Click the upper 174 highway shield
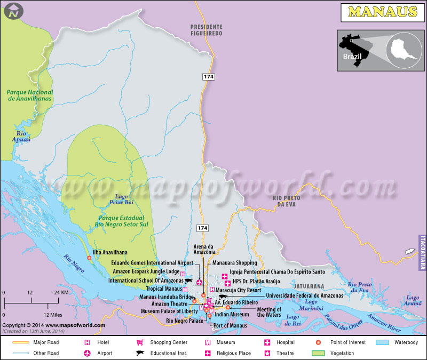(209, 77)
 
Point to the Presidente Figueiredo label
(207, 30)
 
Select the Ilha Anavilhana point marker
(89, 258)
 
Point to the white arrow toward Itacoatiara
(409, 251)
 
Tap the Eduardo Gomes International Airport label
(152, 263)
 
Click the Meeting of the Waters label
(269, 312)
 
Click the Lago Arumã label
(413, 300)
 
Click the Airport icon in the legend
(87, 353)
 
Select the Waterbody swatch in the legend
(384, 342)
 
